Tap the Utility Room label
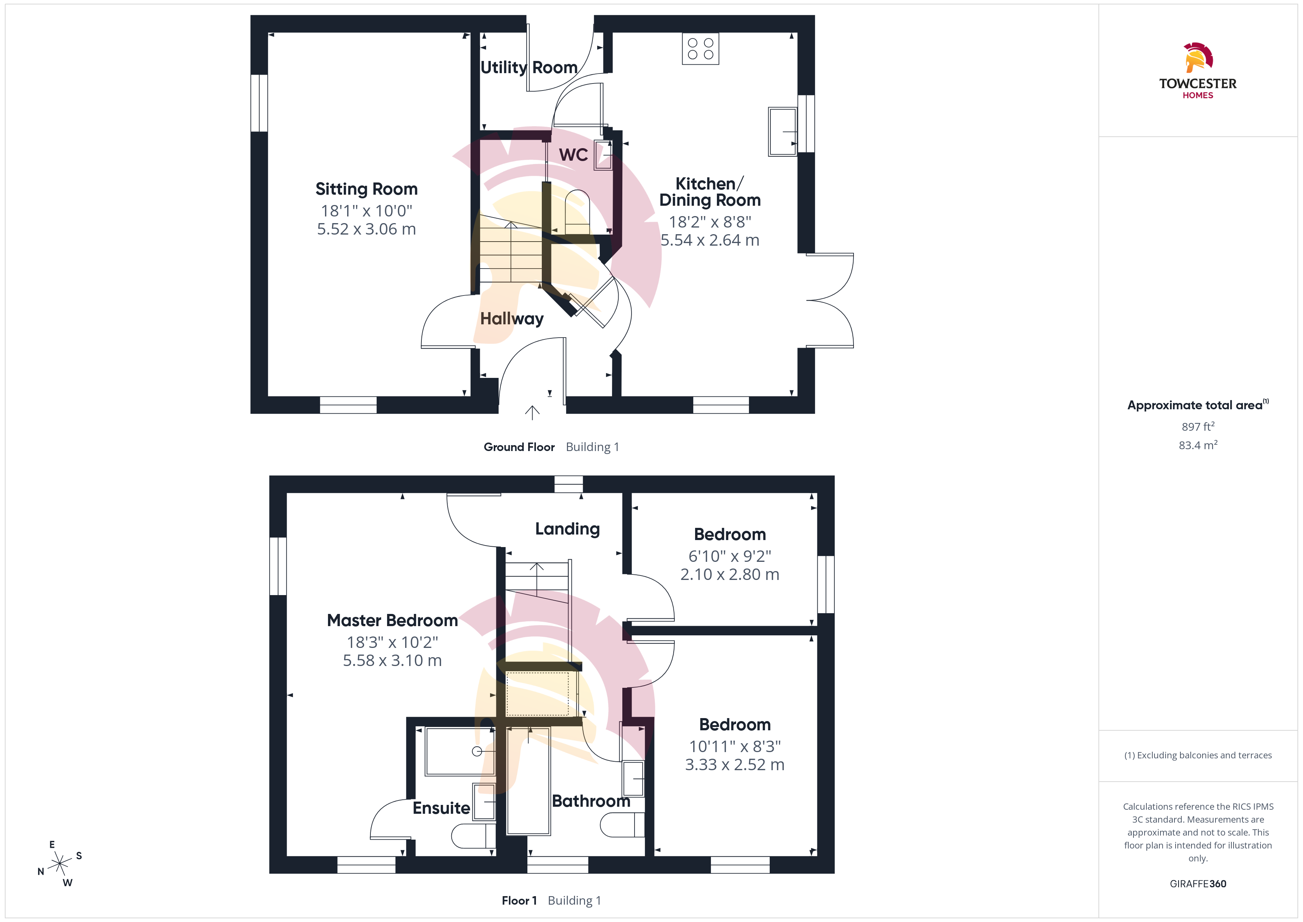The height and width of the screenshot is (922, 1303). click(x=529, y=68)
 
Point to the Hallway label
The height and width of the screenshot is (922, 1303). click(x=512, y=318)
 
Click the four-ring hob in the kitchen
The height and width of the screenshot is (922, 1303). click(x=700, y=49)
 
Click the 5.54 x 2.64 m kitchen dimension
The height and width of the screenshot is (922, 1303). click(x=709, y=240)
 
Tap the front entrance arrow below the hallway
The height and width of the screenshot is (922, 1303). click(x=532, y=413)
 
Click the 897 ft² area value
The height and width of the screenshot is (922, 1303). click(x=1198, y=426)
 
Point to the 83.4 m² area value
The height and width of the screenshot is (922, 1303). click(x=1198, y=445)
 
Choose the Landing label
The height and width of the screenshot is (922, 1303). click(x=568, y=529)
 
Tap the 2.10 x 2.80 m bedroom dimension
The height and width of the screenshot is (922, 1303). click(x=730, y=574)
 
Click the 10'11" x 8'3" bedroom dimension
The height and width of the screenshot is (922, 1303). click(x=735, y=746)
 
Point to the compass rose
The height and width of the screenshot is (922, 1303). click(x=59, y=864)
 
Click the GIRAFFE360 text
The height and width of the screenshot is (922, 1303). click(x=1198, y=884)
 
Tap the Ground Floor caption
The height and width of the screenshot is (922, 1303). click(x=519, y=447)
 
